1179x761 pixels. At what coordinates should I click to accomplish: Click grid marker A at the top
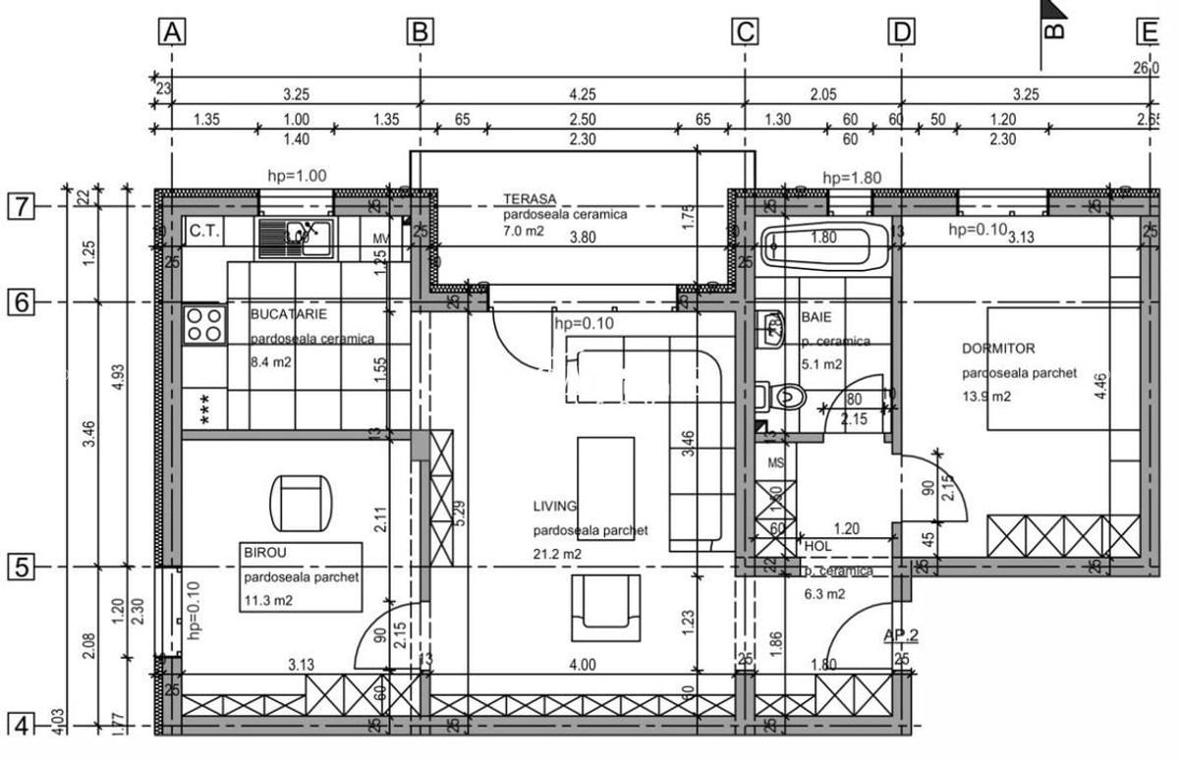pyautogui.click(x=172, y=32)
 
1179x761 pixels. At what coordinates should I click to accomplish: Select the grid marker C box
pyautogui.click(x=745, y=32)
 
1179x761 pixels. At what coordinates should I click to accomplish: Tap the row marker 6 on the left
pyautogui.click(x=21, y=302)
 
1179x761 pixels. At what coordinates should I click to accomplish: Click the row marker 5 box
pyautogui.click(x=21, y=567)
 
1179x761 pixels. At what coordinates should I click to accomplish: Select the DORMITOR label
pyautogui.click(x=997, y=349)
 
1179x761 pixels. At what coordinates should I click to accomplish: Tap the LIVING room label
pyautogui.click(x=554, y=507)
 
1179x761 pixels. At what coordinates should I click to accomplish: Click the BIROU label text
pyautogui.click(x=262, y=554)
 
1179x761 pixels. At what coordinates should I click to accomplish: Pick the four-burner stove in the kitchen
pyautogui.click(x=204, y=324)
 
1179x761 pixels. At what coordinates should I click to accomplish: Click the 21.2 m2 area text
pyautogui.click(x=557, y=554)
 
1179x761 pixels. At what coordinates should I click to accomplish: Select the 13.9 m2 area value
pyautogui.click(x=986, y=397)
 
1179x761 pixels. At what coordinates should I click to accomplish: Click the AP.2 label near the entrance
pyautogui.click(x=900, y=634)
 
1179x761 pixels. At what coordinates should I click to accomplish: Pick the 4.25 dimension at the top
pyautogui.click(x=582, y=95)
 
